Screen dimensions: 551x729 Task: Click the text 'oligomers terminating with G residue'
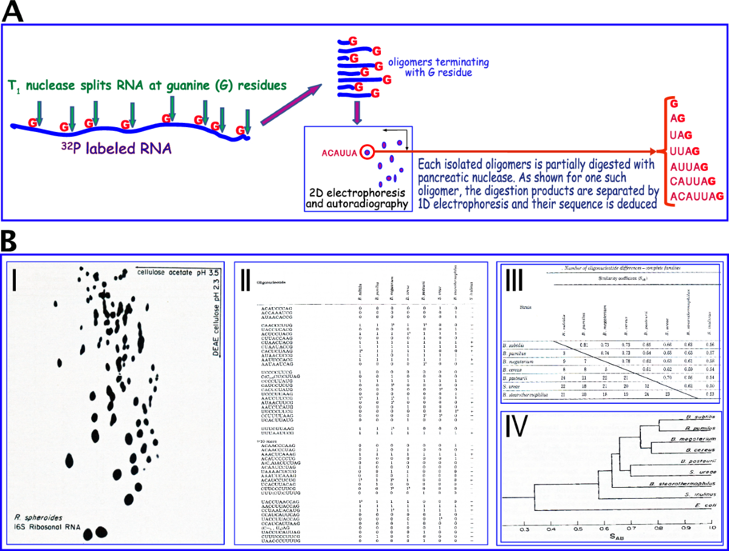click(438, 68)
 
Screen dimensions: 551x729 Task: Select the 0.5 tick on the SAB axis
click(578, 530)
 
